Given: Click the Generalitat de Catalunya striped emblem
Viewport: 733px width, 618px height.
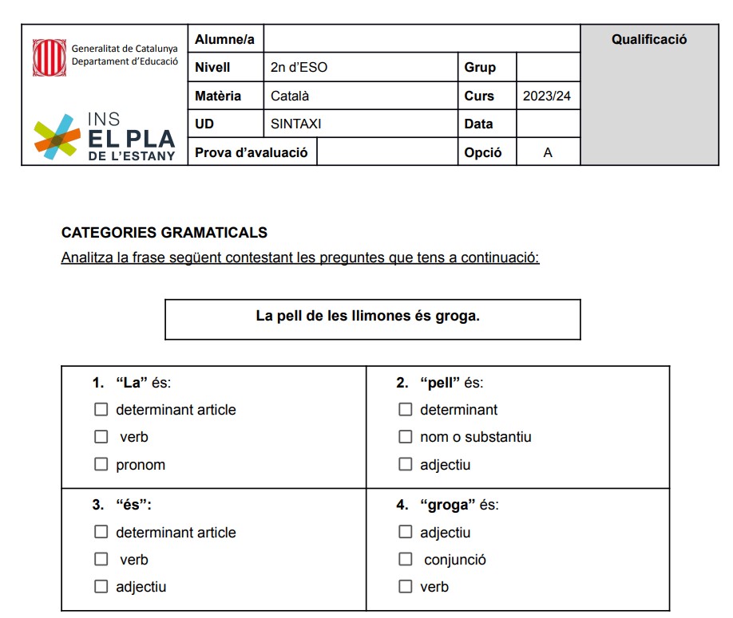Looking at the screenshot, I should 50,57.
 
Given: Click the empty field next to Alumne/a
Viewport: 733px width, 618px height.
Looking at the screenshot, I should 421,39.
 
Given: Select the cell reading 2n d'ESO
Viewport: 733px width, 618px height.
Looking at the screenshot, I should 299,68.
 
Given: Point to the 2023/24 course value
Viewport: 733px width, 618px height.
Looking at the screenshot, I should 547,96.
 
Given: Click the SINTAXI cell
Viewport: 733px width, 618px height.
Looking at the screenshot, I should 295,124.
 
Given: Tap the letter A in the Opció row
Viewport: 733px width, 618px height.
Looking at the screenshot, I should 548,152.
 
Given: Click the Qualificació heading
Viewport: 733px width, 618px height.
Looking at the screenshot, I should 648,39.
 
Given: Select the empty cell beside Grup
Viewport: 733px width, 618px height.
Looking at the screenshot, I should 548,68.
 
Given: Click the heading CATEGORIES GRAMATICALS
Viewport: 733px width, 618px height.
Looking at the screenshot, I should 164,233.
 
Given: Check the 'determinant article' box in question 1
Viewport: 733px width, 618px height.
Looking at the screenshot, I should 101,410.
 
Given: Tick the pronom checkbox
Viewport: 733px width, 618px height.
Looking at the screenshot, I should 101,464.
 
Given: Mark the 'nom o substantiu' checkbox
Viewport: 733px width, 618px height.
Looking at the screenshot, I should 406,437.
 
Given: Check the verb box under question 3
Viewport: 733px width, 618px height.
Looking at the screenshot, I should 101,560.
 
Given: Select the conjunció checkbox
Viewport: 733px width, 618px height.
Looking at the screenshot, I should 406,560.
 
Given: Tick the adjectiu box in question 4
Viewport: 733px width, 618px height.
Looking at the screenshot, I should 406,532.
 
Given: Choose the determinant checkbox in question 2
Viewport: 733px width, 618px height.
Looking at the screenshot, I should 406,410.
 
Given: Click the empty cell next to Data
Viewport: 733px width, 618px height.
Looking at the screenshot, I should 548,124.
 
